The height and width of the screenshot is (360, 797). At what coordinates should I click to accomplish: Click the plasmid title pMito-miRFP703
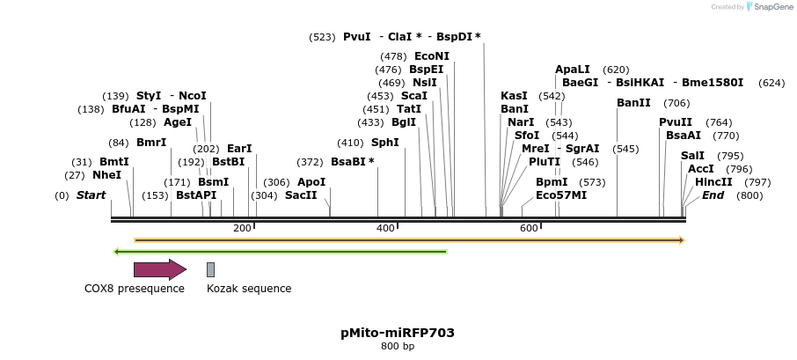pos(398,333)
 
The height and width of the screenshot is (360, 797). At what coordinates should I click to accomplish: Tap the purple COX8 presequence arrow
pos(159,269)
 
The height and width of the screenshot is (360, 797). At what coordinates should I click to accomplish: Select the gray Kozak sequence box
pos(210,269)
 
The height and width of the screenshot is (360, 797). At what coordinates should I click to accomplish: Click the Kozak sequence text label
pos(249,289)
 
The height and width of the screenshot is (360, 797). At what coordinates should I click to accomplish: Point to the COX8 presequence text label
pos(135,289)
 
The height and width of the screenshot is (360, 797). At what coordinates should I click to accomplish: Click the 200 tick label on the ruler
pos(242,229)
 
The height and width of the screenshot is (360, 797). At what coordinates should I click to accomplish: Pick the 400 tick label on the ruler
pos(385,229)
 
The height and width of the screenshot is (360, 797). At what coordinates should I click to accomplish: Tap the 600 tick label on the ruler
pos(529,229)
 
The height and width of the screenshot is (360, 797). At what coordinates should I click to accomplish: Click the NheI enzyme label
pos(106,175)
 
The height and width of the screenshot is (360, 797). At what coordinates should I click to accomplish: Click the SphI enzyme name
pos(384,143)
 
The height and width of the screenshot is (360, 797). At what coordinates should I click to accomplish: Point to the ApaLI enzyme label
pos(572,70)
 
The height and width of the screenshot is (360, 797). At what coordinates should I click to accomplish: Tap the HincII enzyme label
pos(713,182)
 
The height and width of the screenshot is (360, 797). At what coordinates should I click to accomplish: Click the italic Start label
pos(91,195)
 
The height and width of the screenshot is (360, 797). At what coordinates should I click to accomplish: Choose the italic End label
pos(713,195)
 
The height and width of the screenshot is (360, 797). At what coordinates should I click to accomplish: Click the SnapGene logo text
pos(771,7)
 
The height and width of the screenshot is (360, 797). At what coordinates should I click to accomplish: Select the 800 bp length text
pos(398,347)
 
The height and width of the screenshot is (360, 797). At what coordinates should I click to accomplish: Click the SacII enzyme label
pos(300,195)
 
